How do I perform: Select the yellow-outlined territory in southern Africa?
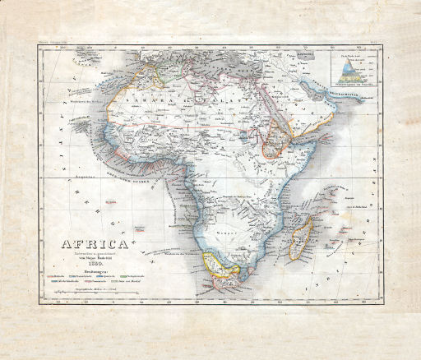[217, 263]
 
